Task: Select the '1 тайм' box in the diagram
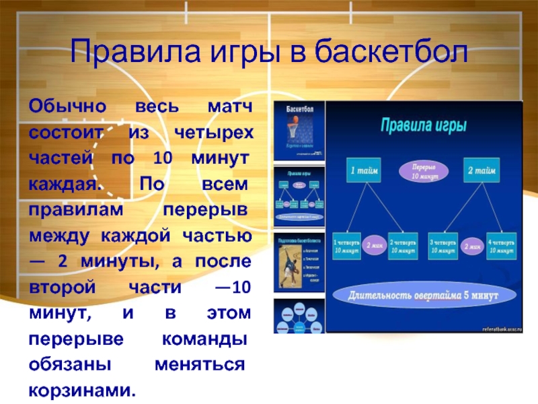click(x=364, y=171)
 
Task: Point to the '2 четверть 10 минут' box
click(x=403, y=245)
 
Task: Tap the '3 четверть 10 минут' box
click(x=444, y=245)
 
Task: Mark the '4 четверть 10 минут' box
click(x=501, y=245)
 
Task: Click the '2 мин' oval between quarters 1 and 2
click(x=375, y=246)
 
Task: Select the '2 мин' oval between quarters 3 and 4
click(x=472, y=246)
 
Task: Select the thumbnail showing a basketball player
click(x=299, y=262)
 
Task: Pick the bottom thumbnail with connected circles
click(x=299, y=316)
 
